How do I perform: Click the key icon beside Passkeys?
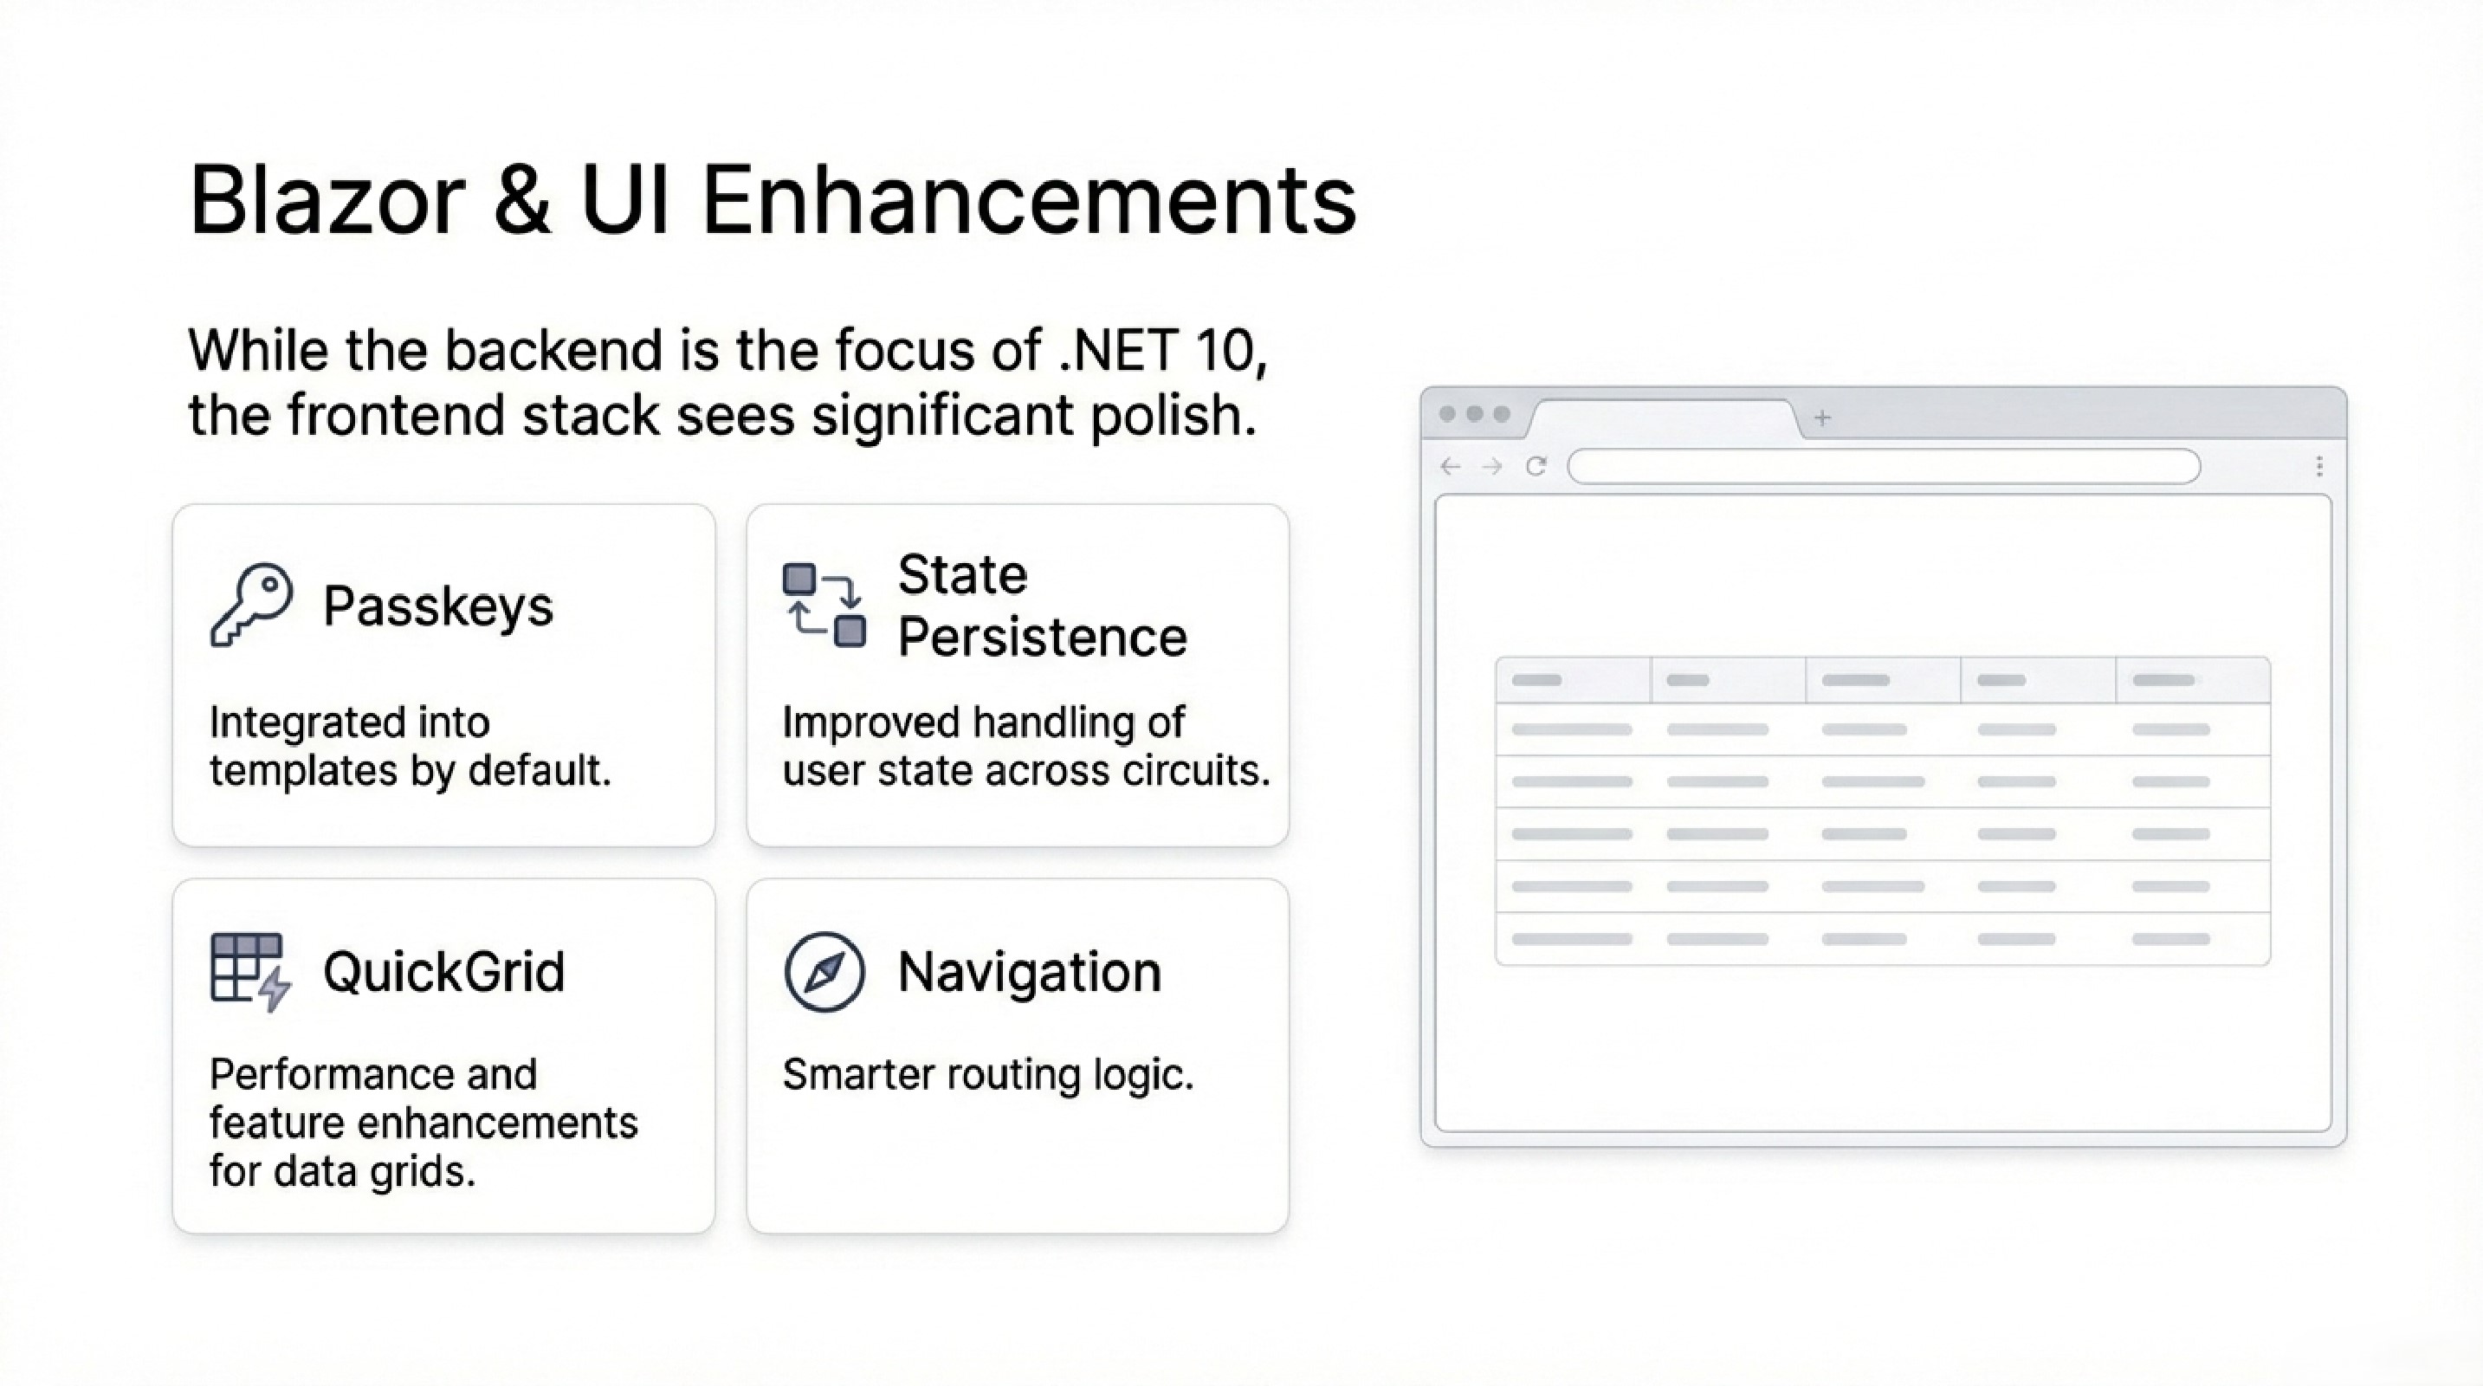(250, 605)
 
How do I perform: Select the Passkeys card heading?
(437, 606)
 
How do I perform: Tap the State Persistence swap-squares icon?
(823, 605)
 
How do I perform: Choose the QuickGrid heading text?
(443, 972)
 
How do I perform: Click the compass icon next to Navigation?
(824, 972)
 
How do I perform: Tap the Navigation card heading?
(1029, 972)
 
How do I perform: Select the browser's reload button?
(1536, 467)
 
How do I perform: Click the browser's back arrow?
(1450, 467)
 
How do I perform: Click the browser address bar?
(1884, 467)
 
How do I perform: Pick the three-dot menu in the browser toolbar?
(2319, 467)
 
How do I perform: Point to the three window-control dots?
(1474, 414)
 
